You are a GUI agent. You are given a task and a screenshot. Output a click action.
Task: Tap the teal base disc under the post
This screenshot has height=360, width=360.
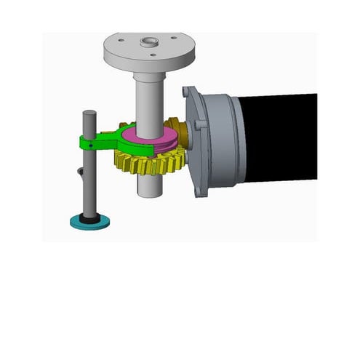pyautogui.click(x=89, y=223)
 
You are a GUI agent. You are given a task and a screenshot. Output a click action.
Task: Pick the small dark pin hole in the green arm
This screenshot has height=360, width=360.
pyautogui.click(x=89, y=145)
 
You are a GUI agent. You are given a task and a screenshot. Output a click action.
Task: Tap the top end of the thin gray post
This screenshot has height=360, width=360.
pyautogui.click(x=89, y=113)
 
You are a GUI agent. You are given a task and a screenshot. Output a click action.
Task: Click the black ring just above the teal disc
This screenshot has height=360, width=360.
pyautogui.click(x=89, y=217)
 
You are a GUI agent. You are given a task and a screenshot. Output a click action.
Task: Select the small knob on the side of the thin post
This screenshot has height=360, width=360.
pyautogui.click(x=80, y=173)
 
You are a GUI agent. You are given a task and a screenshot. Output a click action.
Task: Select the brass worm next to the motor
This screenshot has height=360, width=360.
pyautogui.click(x=178, y=131)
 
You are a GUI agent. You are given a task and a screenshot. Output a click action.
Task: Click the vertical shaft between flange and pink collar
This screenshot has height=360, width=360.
pyautogui.click(x=150, y=98)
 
